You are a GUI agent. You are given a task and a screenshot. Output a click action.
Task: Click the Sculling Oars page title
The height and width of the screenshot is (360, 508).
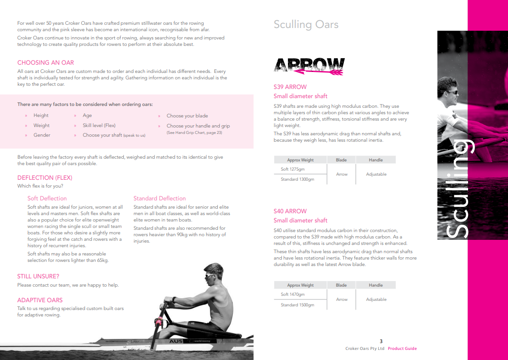click(x=306, y=25)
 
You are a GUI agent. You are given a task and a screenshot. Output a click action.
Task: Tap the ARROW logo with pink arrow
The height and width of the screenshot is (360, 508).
click(x=309, y=66)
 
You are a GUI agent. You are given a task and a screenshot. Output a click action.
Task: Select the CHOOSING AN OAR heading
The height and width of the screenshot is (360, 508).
click(x=45, y=63)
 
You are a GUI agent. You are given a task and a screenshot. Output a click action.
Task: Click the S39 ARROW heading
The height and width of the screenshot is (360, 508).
click(x=290, y=87)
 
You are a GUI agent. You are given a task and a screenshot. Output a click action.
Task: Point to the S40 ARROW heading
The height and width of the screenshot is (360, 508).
click(x=290, y=211)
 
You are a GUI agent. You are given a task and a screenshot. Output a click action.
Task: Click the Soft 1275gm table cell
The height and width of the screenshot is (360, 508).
click(x=293, y=169)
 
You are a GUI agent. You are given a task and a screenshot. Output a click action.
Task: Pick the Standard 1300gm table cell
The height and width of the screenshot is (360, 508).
click(x=298, y=179)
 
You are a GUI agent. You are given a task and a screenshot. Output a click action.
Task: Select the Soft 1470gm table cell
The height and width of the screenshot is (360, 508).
click(x=293, y=294)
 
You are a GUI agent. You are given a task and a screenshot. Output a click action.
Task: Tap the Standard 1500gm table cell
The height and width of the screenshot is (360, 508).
click(x=298, y=305)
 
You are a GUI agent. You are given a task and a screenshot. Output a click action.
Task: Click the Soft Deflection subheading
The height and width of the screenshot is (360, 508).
click(x=47, y=199)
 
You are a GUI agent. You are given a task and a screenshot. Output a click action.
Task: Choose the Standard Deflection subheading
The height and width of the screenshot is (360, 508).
click(x=160, y=199)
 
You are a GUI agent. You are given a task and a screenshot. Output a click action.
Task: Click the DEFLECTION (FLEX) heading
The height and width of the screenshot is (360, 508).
click(x=45, y=178)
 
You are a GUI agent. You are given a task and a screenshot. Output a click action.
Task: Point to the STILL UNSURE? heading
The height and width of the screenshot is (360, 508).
click(x=38, y=277)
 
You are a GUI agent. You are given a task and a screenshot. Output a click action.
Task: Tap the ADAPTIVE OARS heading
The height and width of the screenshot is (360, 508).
click(x=40, y=300)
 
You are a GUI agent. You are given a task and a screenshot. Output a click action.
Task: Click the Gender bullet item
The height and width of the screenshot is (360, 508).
click(x=42, y=135)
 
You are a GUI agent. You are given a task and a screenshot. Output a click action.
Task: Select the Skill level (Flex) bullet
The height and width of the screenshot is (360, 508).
click(x=99, y=126)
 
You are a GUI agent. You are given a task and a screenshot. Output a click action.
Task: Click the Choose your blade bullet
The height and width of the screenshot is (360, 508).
click(x=187, y=116)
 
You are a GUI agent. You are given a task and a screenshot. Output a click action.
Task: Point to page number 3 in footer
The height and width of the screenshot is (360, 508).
click(x=381, y=341)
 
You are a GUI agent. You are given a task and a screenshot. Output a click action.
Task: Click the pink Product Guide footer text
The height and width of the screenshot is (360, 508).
click(x=402, y=349)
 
